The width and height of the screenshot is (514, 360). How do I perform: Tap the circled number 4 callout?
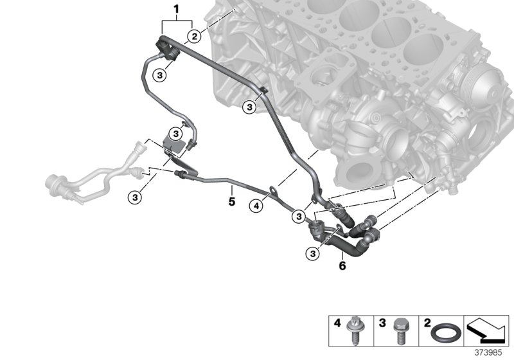point(256,206)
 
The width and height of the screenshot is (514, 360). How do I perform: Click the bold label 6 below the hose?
point(342,265)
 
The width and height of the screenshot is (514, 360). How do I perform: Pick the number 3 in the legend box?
point(382,322)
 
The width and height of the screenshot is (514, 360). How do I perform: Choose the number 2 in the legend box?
point(427,322)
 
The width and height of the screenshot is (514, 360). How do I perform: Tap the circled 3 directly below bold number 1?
point(161,76)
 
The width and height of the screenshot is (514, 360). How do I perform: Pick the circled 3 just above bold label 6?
point(313,253)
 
